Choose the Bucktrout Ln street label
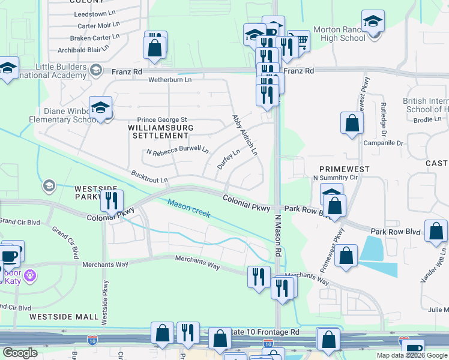coord(149,176)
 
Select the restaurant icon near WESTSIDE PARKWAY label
coord(111,201)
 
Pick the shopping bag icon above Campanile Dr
coord(352,123)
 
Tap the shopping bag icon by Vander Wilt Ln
coord(436,232)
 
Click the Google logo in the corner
coord(20,353)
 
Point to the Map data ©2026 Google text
coord(412,355)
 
